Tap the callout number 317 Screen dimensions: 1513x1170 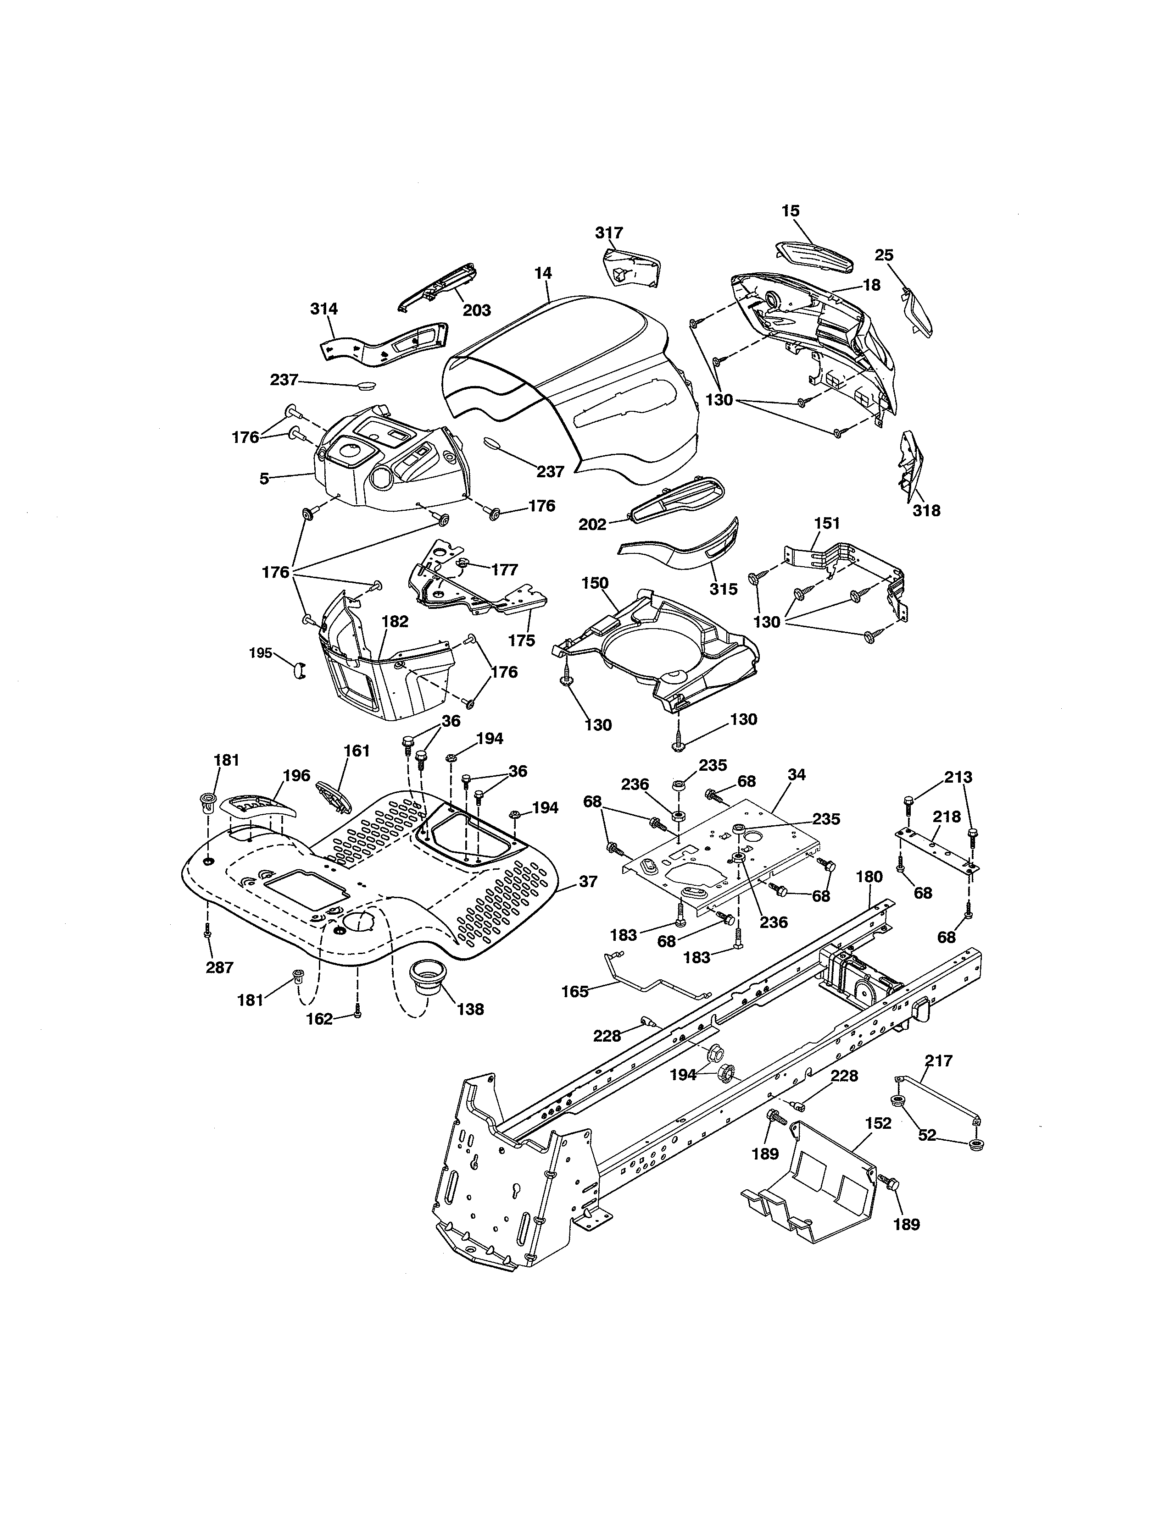(x=609, y=233)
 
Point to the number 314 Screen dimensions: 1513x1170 (x=323, y=309)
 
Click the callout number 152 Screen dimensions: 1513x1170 (x=878, y=1123)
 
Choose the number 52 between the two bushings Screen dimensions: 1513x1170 (x=927, y=1135)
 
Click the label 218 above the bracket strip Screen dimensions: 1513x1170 (x=947, y=817)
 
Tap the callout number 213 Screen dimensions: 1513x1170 (x=958, y=777)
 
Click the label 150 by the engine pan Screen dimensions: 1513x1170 (x=595, y=583)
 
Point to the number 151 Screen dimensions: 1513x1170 (x=827, y=523)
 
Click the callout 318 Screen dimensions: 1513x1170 (x=927, y=511)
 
